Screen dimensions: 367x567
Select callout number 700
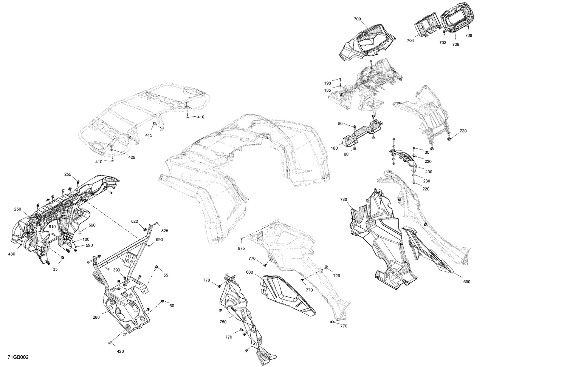[x=357, y=19]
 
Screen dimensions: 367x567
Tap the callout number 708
[x=468, y=35]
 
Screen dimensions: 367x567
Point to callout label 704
[x=411, y=40]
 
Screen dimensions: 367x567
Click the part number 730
[x=343, y=199]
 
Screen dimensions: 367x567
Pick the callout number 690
[x=466, y=282]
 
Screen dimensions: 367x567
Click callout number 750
[x=223, y=322]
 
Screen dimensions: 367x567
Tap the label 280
[x=96, y=318]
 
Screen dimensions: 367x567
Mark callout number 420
[x=120, y=352]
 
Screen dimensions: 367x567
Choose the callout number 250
[x=17, y=209]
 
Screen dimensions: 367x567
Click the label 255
[x=68, y=174]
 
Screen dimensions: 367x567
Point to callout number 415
[x=149, y=135]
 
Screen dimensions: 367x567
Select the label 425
[x=131, y=157]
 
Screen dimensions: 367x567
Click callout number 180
[x=334, y=148]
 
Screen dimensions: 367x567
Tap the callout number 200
[x=428, y=172]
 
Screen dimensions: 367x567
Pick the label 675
[x=252, y=248]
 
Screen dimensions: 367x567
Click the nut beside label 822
[x=145, y=229]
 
